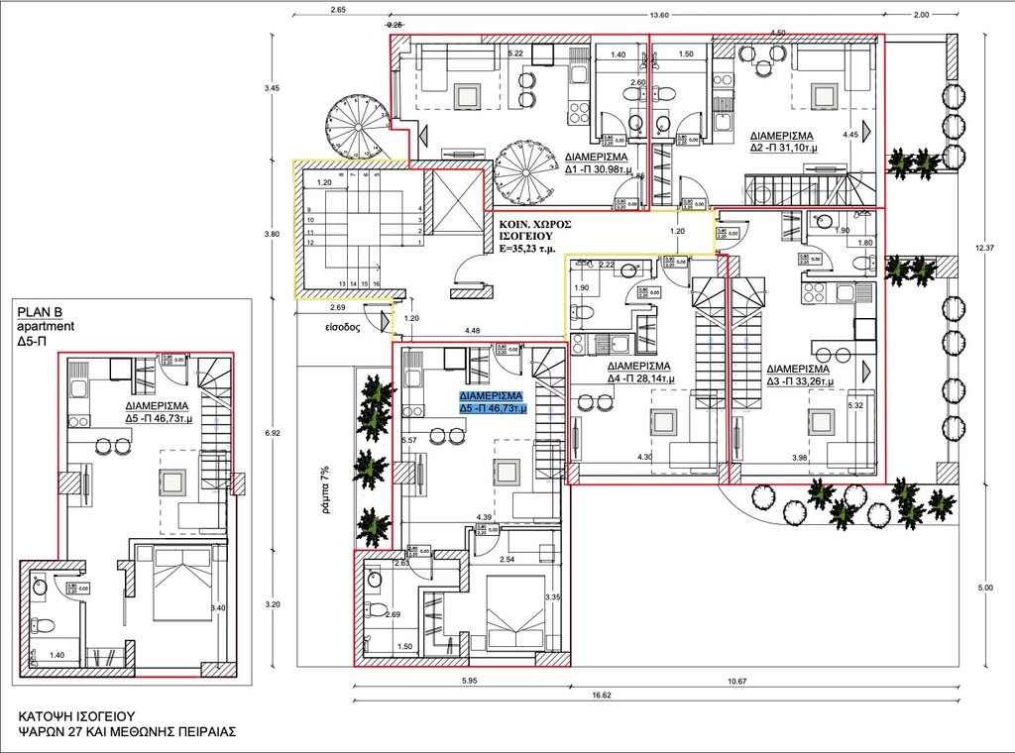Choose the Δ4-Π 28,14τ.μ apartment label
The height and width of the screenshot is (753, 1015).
640,371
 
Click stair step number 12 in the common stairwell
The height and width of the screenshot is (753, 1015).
310,243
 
